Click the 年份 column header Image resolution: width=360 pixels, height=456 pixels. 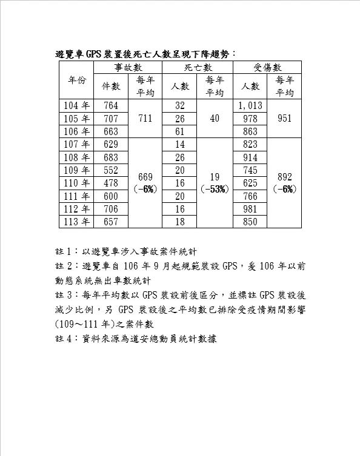(x=77, y=80)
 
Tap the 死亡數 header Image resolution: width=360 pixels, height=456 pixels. (x=198, y=67)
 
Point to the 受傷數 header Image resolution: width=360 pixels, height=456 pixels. (x=267, y=67)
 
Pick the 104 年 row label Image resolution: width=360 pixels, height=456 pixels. (x=77, y=106)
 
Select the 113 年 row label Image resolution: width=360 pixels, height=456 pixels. (x=77, y=222)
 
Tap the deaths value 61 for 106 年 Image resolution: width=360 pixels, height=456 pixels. (x=180, y=131)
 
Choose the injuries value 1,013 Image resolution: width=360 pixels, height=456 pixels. (x=250, y=106)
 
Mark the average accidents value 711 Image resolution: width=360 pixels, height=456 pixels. (x=145, y=119)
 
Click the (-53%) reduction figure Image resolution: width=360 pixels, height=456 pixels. (x=215, y=189)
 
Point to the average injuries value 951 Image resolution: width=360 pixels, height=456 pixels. (x=285, y=119)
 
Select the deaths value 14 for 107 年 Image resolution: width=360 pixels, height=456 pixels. (x=180, y=144)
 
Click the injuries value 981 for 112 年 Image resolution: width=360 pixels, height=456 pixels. (x=250, y=209)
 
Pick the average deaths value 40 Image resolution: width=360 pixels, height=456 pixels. (x=215, y=119)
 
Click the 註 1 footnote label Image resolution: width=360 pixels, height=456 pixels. (x=65, y=251)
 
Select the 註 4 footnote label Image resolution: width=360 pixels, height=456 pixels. (x=65, y=339)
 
